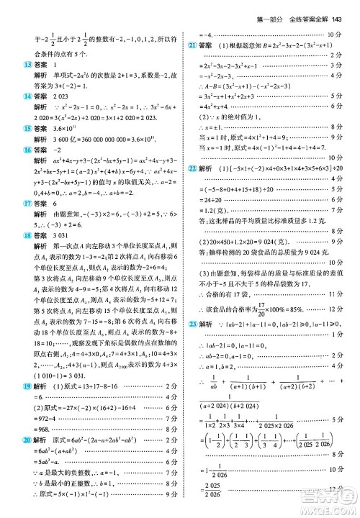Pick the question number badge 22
tap(192, 167)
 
